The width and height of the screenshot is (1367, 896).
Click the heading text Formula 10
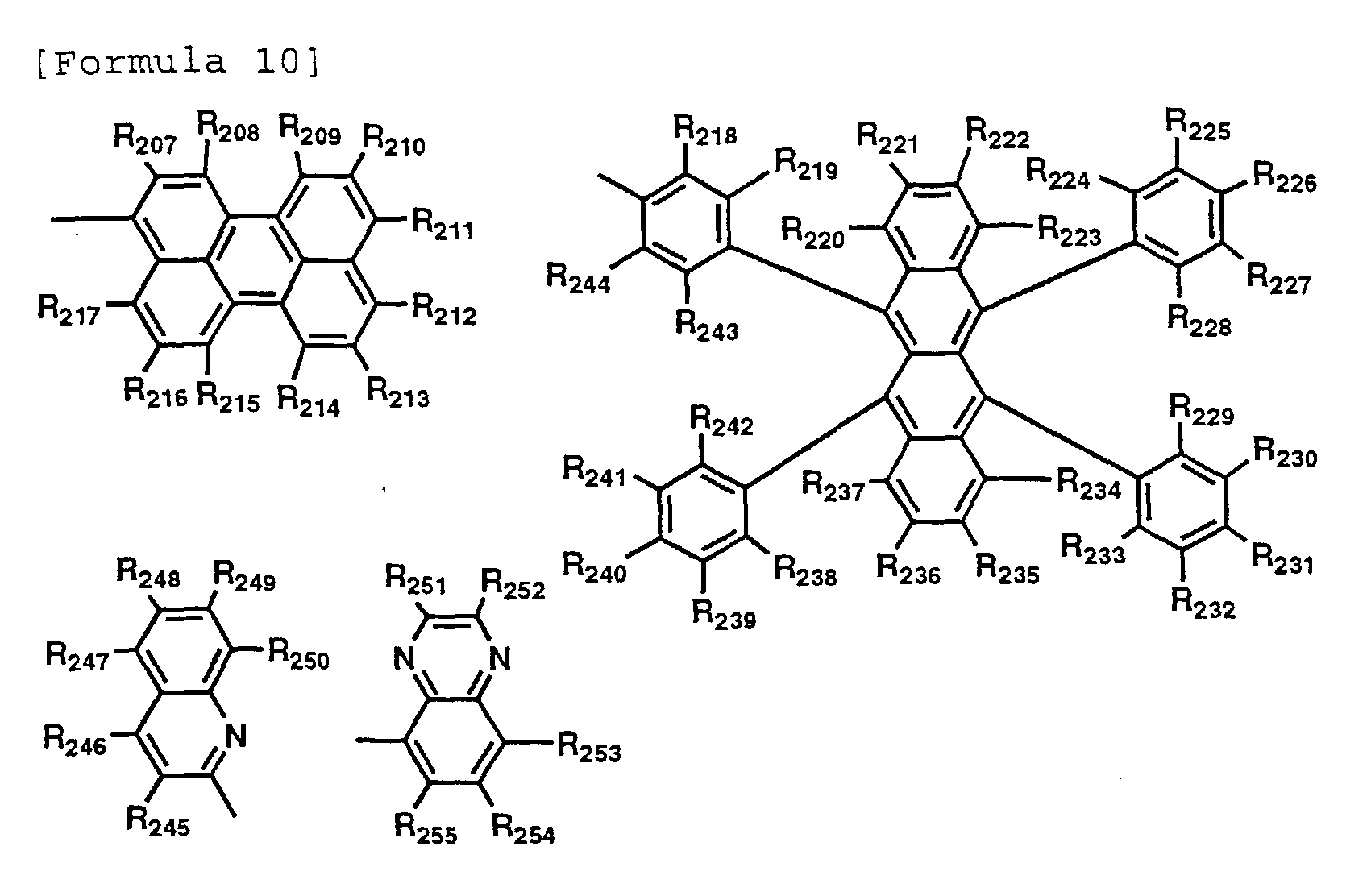click(177, 61)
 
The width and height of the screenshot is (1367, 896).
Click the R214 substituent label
click(309, 400)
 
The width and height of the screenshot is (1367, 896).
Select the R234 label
click(1088, 485)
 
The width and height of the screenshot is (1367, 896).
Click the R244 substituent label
click(578, 278)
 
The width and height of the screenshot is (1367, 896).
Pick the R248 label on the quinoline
click(148, 575)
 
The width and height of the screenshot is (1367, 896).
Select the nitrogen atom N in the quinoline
click(235, 736)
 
